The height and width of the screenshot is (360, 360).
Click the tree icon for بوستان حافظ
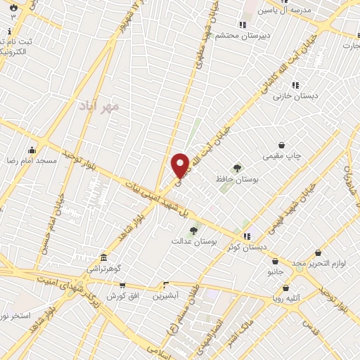coord(237,168)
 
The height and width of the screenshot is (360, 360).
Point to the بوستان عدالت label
coord(195,241)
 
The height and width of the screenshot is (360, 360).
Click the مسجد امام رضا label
coord(32,161)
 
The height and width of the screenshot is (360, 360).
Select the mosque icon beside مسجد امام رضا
coord(32,150)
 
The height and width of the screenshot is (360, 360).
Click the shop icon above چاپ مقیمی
coord(281,145)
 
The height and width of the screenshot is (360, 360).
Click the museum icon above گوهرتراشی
coord(103,257)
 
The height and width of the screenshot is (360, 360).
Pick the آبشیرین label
coord(167,296)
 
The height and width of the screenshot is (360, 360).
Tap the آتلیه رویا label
coord(286,298)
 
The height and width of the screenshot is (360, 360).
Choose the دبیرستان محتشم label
coord(220,34)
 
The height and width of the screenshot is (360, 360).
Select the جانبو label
coord(275,271)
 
